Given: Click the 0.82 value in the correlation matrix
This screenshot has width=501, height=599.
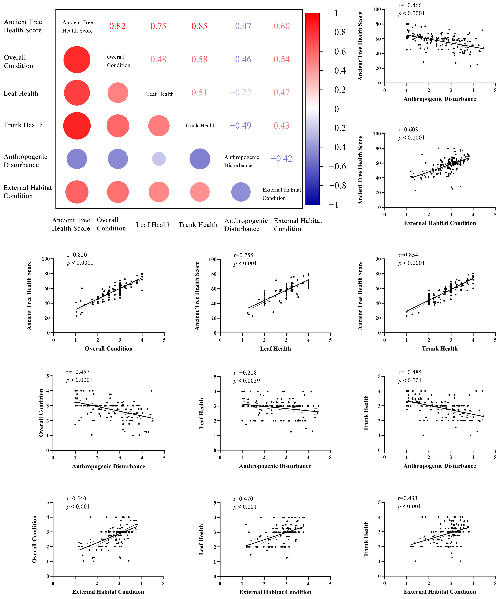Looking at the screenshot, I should pyautogui.click(x=117, y=26).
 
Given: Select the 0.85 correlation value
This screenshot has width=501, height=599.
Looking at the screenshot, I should pyautogui.click(x=199, y=26).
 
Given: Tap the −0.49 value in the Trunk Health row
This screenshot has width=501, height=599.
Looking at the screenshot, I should pyautogui.click(x=241, y=125).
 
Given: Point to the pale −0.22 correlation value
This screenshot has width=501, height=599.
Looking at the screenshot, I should pyautogui.click(x=241, y=92).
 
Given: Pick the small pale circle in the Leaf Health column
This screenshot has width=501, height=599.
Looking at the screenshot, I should pyautogui.click(x=159, y=159).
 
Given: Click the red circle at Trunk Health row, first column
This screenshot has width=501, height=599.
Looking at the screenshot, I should pyautogui.click(x=77, y=126).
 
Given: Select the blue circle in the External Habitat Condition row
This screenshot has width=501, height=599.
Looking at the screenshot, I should pyautogui.click(x=241, y=192).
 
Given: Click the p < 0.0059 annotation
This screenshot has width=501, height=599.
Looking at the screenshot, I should pyautogui.click(x=247, y=381).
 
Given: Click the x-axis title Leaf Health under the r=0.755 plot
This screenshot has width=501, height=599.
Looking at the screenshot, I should pyautogui.click(x=275, y=349).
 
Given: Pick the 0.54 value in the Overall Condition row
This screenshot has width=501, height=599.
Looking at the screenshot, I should pyautogui.click(x=282, y=59).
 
